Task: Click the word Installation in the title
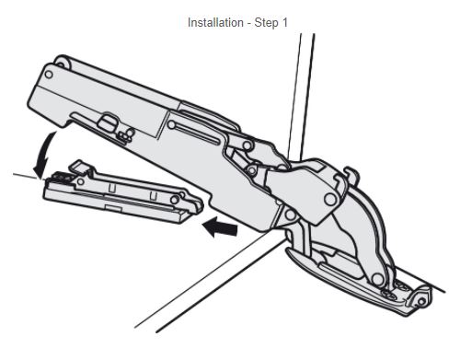click(215, 23)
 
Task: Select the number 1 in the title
click(284, 23)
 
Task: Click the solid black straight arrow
click(220, 227)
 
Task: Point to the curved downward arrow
click(44, 154)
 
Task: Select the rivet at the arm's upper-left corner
click(49, 75)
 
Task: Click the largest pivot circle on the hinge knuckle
click(330, 199)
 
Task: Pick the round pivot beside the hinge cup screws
click(377, 279)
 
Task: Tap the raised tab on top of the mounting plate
click(79, 166)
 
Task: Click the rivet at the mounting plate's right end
click(175, 200)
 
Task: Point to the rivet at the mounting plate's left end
click(81, 181)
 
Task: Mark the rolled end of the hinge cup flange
click(420, 298)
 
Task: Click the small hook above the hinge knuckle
click(351, 174)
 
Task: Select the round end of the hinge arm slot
click(171, 125)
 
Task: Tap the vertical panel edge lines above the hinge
click(301, 95)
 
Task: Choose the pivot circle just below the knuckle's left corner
click(290, 215)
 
